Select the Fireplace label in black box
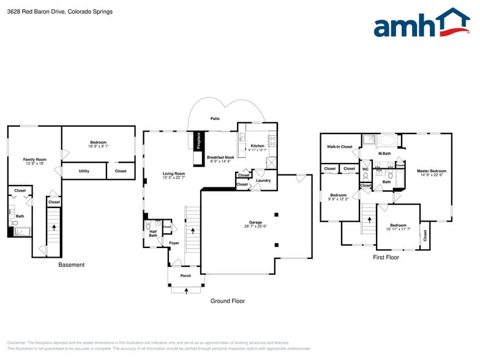coord(198,141)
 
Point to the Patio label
coord(215,119)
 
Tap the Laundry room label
coord(263,180)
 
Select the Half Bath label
coord(153,233)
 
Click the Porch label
coord(186,276)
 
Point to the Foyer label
coord(174,243)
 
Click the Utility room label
coord(84,171)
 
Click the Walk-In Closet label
coord(340,147)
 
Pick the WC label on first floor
coord(365,169)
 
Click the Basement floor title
coord(71,265)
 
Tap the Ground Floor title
coord(228,301)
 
